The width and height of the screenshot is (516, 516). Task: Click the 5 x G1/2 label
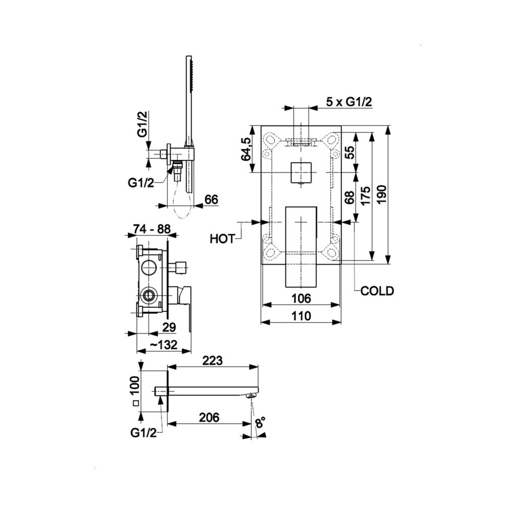point(349,102)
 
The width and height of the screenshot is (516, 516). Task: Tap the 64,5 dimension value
point(246,149)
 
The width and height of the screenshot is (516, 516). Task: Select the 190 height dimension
point(381,195)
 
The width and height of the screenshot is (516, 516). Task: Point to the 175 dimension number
point(365,196)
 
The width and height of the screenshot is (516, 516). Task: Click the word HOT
point(222,239)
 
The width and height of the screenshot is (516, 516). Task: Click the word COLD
point(377,291)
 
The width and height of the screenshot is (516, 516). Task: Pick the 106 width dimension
point(301,298)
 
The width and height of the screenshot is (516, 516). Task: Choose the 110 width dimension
point(301,316)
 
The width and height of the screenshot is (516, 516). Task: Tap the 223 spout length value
point(212,360)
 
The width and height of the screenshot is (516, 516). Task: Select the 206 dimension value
point(209,417)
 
